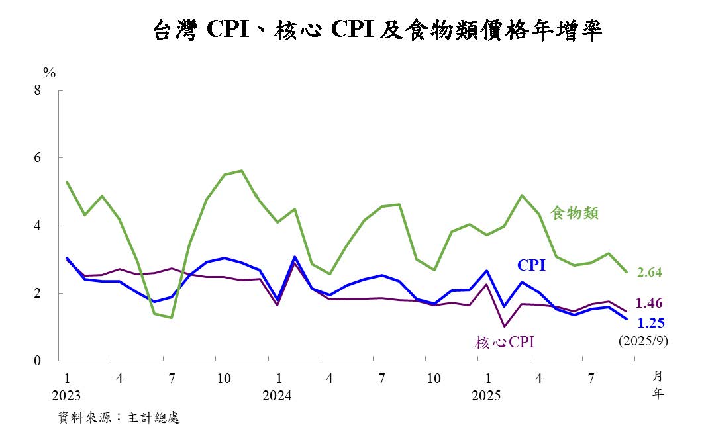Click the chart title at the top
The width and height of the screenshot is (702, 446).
[377, 30]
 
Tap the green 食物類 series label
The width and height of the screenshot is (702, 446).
[575, 213]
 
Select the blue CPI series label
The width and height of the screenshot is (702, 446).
[531, 265]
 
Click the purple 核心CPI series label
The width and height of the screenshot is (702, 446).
[504, 342]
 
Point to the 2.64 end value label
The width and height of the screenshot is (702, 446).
[649, 272]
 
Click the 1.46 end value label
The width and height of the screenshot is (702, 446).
[649, 303]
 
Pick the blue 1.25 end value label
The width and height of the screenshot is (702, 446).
[650, 322]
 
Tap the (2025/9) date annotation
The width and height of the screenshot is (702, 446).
[642, 342]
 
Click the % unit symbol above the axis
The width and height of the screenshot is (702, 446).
[49, 71]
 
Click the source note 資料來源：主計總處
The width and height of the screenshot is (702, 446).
[119, 418]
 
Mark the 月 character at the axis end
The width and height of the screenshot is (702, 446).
[658, 377]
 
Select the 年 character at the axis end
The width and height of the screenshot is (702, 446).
[658, 394]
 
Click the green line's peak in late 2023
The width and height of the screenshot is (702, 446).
[242, 171]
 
